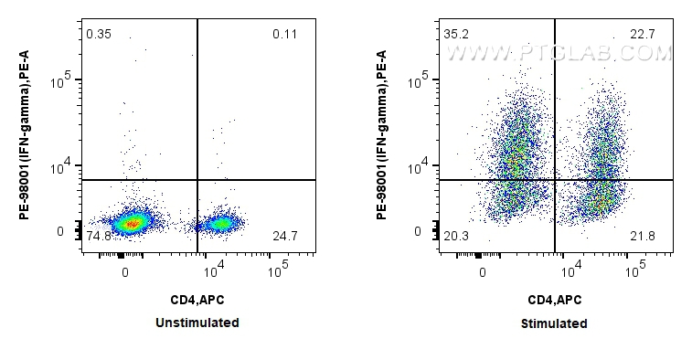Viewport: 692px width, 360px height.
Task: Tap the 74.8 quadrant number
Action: [98, 237]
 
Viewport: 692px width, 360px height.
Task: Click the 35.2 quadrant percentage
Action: [455, 35]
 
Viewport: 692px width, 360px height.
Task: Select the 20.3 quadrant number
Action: [455, 237]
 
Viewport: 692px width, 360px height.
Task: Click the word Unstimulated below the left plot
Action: [197, 323]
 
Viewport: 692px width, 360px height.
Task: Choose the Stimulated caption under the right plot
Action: [554, 323]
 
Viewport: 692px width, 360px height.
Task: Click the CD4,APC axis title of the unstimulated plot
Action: [197, 299]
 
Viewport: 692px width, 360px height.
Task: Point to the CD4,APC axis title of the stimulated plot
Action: [554, 299]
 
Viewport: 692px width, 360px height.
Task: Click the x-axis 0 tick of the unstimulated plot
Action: [125, 271]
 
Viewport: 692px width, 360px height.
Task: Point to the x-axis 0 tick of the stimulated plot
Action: [483, 271]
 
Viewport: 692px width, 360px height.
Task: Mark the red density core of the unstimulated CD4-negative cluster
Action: [132, 222]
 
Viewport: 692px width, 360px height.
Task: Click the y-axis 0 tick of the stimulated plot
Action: [417, 231]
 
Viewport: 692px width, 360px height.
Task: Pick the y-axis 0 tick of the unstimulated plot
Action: [60, 231]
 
